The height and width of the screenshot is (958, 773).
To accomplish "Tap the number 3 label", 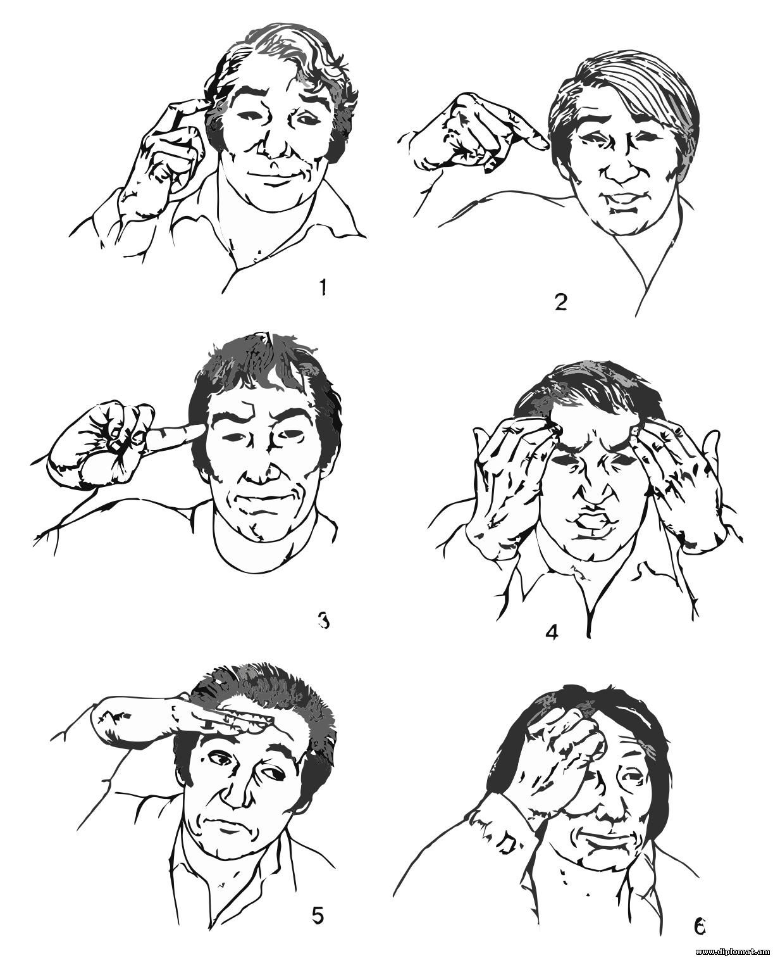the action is pyautogui.click(x=323, y=621).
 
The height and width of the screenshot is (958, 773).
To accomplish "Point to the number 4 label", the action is pyautogui.click(x=552, y=633).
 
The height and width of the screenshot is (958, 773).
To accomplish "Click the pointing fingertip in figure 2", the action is pyautogui.click(x=543, y=144).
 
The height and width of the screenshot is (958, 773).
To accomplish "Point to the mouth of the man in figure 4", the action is pyautogui.click(x=592, y=522).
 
